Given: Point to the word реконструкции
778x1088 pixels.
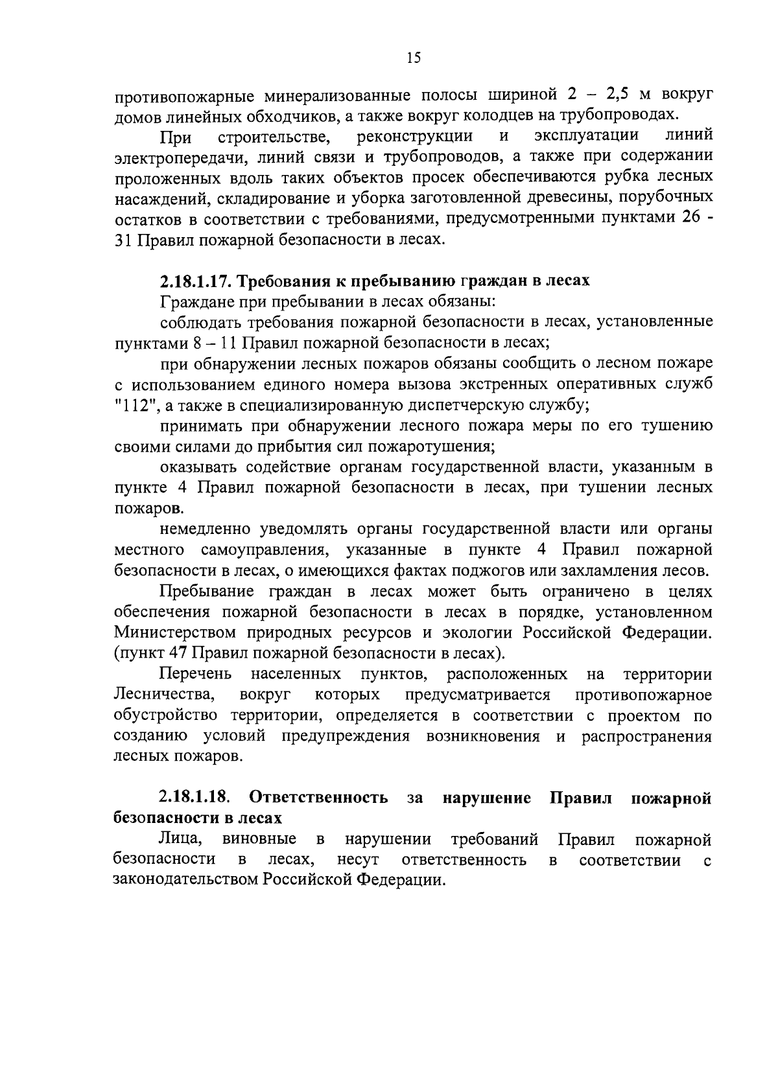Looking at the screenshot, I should [x=414, y=136].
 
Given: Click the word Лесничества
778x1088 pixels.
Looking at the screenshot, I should [x=164, y=695].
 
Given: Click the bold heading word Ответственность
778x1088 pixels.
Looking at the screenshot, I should [x=318, y=798].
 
